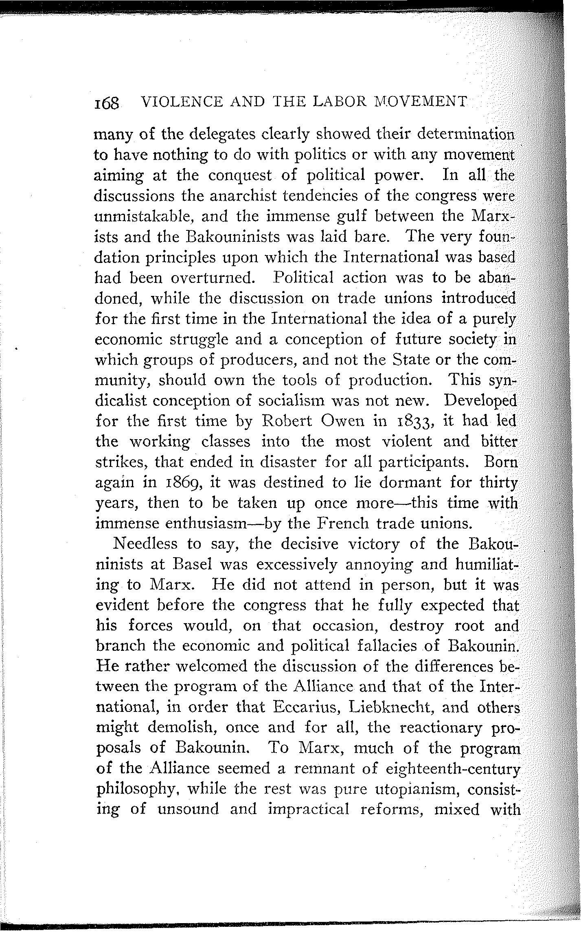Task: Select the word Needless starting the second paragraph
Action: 146,544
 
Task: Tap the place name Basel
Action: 196,564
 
